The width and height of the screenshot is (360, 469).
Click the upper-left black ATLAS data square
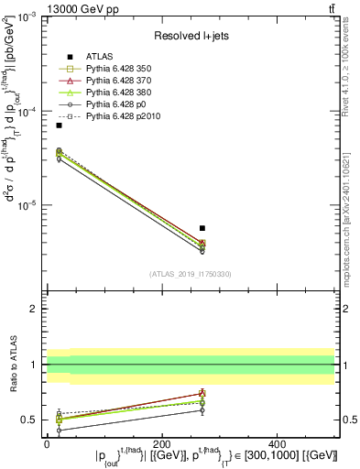pos(59,125)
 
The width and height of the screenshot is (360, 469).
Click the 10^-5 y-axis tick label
pos(29,205)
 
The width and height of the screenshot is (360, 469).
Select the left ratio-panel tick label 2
pos(33,310)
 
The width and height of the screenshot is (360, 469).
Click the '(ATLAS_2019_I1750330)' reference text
pos(191,274)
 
